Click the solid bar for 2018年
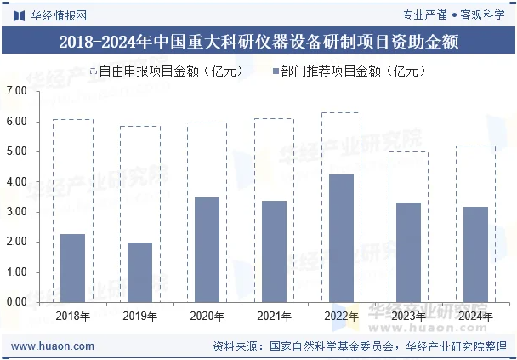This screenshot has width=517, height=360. pos(73,268)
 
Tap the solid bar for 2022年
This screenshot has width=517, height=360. pos(342,238)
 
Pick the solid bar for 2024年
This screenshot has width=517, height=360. pos(476,254)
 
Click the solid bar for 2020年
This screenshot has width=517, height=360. pos(207,249)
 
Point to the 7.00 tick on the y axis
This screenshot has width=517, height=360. pos(17,91)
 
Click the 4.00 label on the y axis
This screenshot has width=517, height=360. pos(17,181)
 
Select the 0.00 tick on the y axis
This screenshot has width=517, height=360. pos(17,302)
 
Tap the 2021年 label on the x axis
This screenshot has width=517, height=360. pos(275,317)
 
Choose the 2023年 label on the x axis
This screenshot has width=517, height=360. pos(409,317)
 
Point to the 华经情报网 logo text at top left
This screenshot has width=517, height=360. pos(51,14)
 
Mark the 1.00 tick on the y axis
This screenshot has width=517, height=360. pos(17,272)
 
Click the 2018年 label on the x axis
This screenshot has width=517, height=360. pos(73,317)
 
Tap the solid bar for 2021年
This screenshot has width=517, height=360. pos(275,251)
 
